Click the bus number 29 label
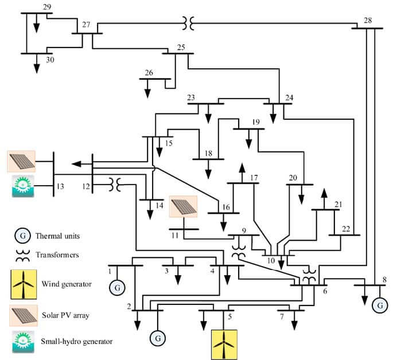[47, 7]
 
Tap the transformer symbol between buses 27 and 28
[188, 24]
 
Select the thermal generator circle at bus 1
[117, 288]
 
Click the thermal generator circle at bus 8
[380, 306]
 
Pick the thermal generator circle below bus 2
[158, 338]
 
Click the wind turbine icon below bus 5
[224, 345]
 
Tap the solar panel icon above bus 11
[183, 206]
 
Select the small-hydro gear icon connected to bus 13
[23, 186]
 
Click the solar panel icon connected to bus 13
[21, 162]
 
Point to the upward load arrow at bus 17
[242, 173]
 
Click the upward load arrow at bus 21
[324, 199]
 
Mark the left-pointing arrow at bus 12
[81, 163]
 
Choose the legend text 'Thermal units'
[57, 236]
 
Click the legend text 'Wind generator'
[67, 284]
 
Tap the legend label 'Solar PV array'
[65, 315]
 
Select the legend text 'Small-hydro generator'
[77, 341]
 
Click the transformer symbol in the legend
[23, 256]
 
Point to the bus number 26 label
[149, 73]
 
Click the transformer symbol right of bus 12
[115, 185]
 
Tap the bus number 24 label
[289, 97]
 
